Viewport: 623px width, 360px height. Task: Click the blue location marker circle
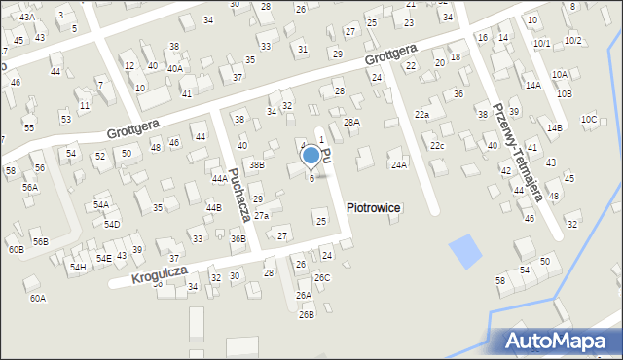pos(311,155)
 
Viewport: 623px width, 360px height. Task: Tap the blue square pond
pos(464,252)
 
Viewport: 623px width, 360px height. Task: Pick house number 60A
pos(37,298)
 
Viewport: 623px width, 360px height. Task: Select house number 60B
pos(16,250)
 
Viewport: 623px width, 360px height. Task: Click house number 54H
pos(77,267)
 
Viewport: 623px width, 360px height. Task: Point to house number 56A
pos(30,187)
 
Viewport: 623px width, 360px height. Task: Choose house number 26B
pos(307,314)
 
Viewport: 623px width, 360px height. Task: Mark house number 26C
pos(322,278)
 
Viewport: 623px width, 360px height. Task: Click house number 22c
pos(438,146)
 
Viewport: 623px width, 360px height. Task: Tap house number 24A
pos(399,165)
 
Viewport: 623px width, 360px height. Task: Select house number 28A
pos(351,122)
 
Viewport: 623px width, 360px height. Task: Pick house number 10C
pos(589,119)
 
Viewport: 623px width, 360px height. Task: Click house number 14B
pos(554,128)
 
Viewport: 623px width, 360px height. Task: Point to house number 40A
pos(174,68)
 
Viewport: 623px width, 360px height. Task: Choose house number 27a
pos(262,215)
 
